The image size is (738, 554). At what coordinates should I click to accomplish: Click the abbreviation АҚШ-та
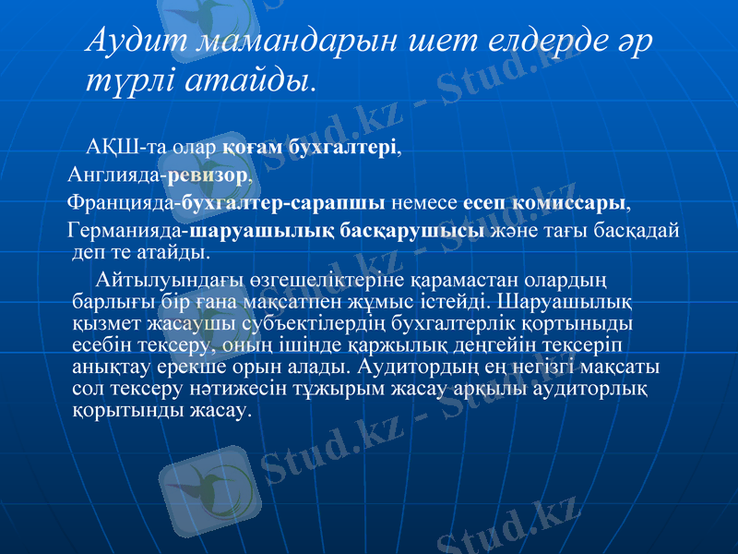pyautogui.click(x=118, y=147)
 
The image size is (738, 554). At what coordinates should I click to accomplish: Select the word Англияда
pyautogui.click(x=115, y=173)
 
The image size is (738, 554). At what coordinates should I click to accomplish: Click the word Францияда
pyautogui.click(x=123, y=202)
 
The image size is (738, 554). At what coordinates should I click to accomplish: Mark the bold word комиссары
pyautogui.click(x=573, y=202)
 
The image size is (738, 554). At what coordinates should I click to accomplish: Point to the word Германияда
pyautogui.click(x=126, y=231)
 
